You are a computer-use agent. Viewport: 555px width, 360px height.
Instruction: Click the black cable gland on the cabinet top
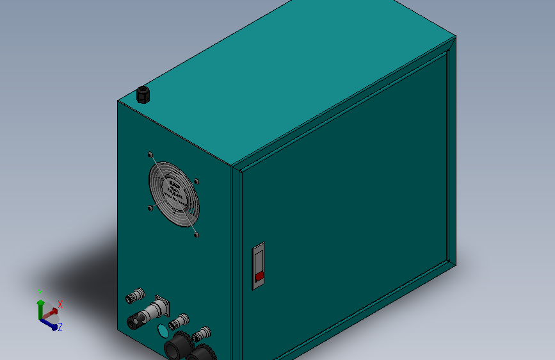tap(143, 95)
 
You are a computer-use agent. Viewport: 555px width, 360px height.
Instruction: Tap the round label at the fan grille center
tap(174, 192)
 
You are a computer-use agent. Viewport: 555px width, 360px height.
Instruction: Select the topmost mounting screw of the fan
tap(150, 154)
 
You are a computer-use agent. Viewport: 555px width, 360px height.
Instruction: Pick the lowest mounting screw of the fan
tap(197, 236)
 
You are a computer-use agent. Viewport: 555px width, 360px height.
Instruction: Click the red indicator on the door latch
tap(259, 276)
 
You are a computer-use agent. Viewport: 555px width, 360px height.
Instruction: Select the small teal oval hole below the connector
tap(163, 331)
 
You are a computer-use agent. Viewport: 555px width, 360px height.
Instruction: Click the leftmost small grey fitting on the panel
tap(134, 297)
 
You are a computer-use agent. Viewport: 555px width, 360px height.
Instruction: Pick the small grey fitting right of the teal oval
tap(180, 320)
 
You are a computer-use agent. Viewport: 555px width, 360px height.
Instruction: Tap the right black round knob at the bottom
tap(204, 354)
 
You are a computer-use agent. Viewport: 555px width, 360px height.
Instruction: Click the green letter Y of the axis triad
tap(40, 291)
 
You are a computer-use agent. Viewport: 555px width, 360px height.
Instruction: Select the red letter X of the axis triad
tap(60, 304)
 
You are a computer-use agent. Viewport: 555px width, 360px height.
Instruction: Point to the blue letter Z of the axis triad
tap(60, 327)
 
